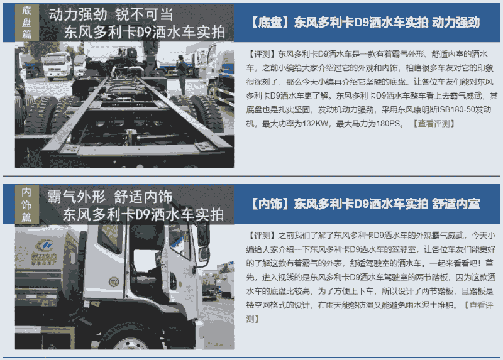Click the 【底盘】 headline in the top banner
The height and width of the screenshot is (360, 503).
pyautogui.click(x=365, y=23)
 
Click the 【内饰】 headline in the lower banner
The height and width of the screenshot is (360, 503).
pyautogui.click(x=365, y=204)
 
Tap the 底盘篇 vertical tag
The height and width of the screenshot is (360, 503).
pyautogui.click(x=27, y=23)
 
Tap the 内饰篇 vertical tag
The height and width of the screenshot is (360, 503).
pyautogui.click(x=27, y=204)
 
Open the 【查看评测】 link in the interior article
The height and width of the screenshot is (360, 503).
pyautogui.click(x=370, y=312)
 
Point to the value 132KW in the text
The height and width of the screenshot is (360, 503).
pyautogui.click(x=315, y=123)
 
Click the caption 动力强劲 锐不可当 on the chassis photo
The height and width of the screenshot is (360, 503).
pyautogui.click(x=111, y=14)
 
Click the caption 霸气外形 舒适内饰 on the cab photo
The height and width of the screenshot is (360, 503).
pyautogui.click(x=110, y=197)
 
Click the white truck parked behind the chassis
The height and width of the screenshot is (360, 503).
pyautogui.click(x=57, y=66)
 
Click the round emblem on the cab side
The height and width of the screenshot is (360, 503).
pyautogui.click(x=114, y=281)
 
